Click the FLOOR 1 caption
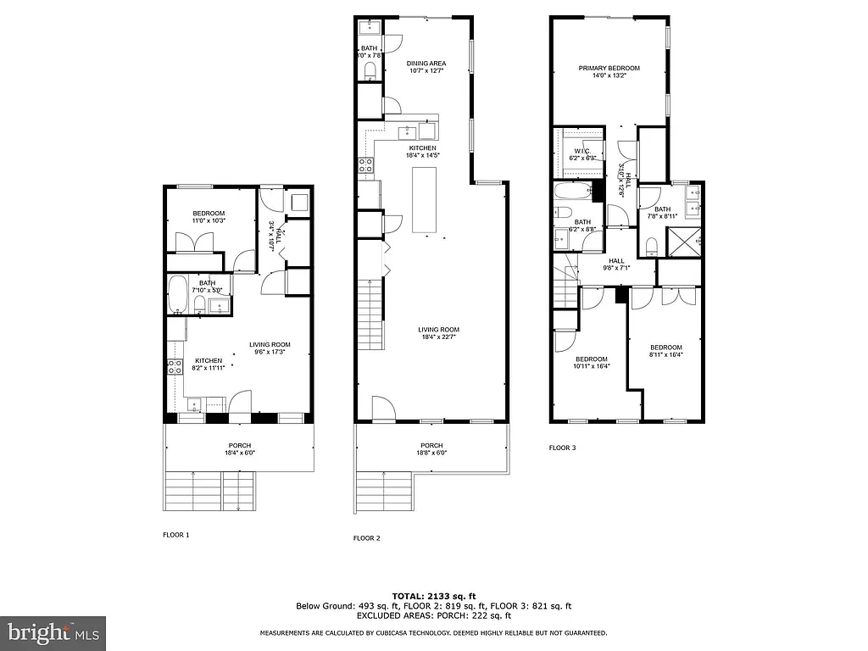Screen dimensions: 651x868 (176, 535)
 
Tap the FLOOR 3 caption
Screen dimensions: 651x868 (562, 448)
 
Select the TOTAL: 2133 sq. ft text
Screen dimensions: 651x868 (433, 595)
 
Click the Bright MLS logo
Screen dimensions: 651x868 (53, 632)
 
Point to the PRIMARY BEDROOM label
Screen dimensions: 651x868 (609, 69)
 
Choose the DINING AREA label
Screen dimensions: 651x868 (426, 64)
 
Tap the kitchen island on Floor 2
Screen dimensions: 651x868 (425, 200)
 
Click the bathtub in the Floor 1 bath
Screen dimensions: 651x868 (178, 294)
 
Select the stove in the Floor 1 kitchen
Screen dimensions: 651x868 (174, 366)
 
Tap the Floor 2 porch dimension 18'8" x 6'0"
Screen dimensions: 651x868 (431, 453)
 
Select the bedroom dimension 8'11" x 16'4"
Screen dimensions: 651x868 (665, 355)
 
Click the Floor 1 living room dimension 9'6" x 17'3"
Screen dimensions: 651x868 (270, 352)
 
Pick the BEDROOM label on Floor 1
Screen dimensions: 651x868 (208, 213)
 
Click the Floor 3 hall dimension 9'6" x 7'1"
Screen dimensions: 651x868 (616, 269)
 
